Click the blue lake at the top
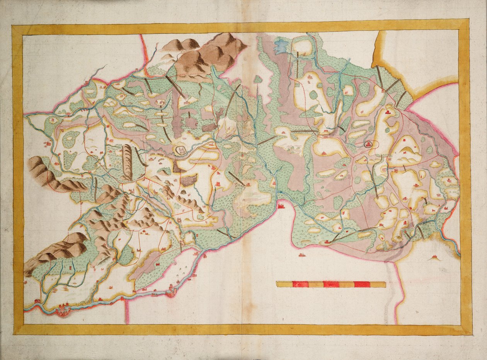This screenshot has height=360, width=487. tap(281, 46)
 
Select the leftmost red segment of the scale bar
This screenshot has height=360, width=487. tap(300, 284)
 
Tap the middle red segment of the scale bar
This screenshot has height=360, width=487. tap(331, 284)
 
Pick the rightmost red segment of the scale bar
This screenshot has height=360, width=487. tap(362, 284)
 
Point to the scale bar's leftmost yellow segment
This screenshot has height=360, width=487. tap(284, 284)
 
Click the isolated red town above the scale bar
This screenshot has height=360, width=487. tap(301, 255)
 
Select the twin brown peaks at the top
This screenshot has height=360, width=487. tap(180, 45)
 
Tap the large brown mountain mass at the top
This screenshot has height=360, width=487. tap(209, 56)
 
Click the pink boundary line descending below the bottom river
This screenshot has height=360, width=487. tap(126, 311)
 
